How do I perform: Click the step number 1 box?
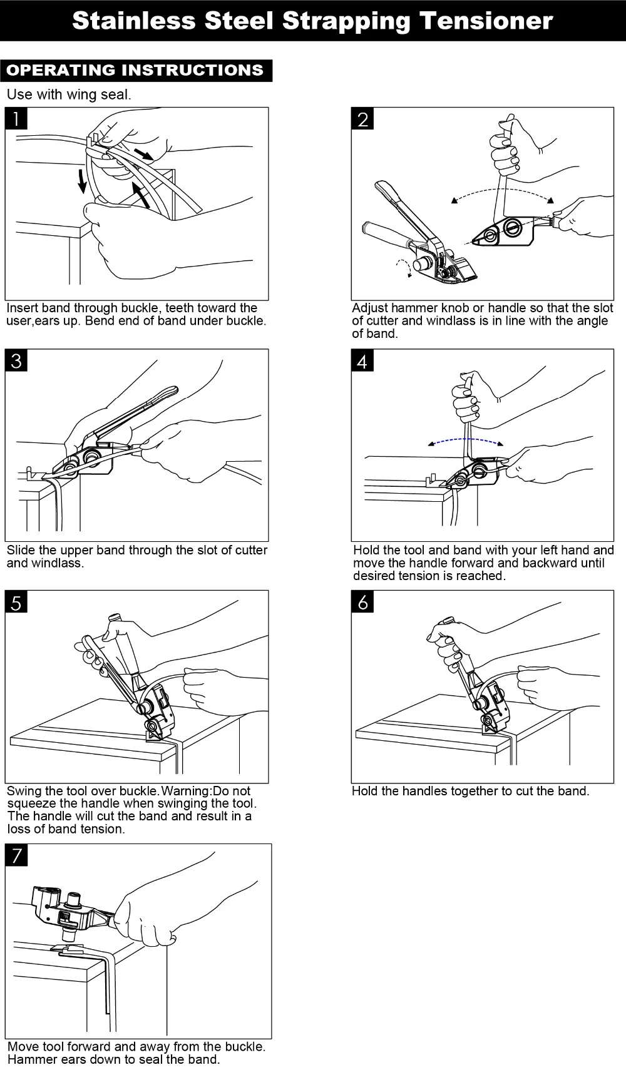pos(16,118)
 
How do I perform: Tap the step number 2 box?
pos(362,118)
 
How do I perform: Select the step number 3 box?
pos(16,360)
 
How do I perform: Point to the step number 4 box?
pos(362,360)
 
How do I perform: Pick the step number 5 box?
pos(16,602)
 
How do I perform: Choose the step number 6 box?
pos(362,602)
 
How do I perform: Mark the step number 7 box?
pos(16,855)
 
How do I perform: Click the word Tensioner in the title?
pos(486,21)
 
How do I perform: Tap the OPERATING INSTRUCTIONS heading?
pos(135,70)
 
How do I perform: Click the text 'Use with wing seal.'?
pos(69,95)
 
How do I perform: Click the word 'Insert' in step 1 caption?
pos(23,308)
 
